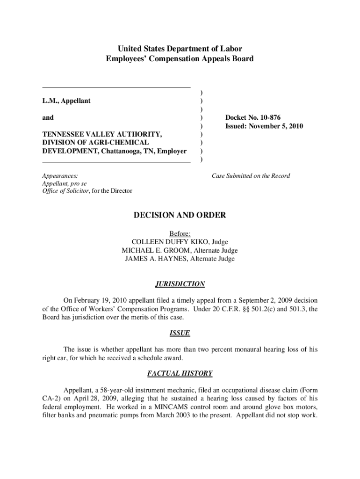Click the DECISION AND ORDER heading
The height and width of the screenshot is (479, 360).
coord(180,215)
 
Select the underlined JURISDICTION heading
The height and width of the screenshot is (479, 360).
coord(180,284)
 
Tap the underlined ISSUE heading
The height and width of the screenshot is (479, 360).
coord(180,333)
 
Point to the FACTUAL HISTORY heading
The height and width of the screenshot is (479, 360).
coord(180,373)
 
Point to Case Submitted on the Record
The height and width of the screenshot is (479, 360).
coord(251,176)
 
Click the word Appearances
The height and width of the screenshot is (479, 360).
coord(60,176)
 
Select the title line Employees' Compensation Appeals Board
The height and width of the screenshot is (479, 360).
coord(180,59)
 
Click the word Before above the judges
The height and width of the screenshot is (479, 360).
coord(180,233)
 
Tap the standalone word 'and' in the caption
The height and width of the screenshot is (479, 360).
coord(48,117)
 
